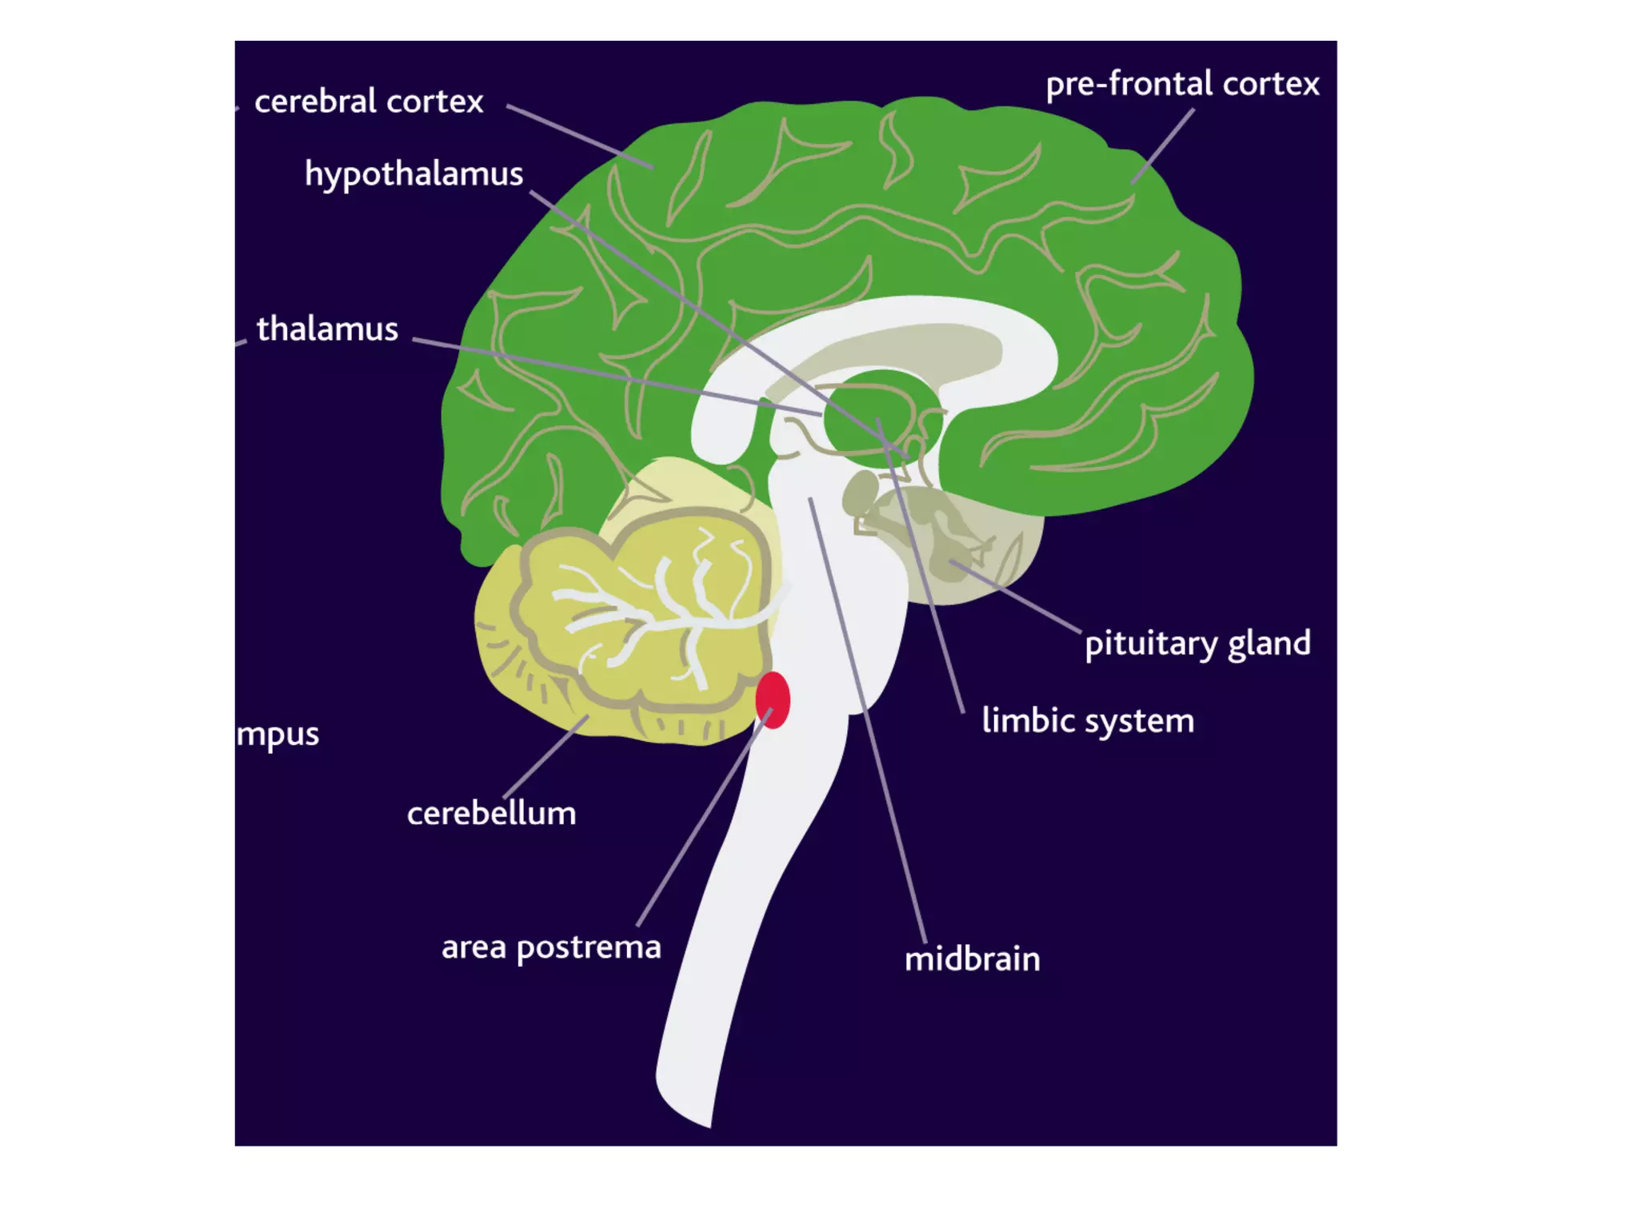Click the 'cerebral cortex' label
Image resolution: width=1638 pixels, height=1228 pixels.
[x=369, y=102]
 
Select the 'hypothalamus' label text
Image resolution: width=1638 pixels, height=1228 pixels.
[x=413, y=174]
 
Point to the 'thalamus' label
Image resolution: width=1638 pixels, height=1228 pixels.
[x=327, y=329]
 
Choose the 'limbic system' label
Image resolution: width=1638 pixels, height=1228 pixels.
[x=1088, y=721]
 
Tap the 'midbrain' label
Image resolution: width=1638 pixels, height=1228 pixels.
[x=972, y=959]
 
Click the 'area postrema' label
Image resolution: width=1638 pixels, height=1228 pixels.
[x=551, y=948]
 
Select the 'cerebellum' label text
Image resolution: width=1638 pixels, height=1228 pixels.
[x=491, y=814]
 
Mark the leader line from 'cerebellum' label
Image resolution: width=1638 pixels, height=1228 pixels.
[x=545, y=756]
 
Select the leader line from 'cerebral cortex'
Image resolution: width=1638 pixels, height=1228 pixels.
[x=580, y=137]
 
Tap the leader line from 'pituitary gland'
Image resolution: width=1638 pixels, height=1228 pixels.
[x=1016, y=596]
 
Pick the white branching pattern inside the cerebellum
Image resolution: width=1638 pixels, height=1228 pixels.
[x=664, y=612]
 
